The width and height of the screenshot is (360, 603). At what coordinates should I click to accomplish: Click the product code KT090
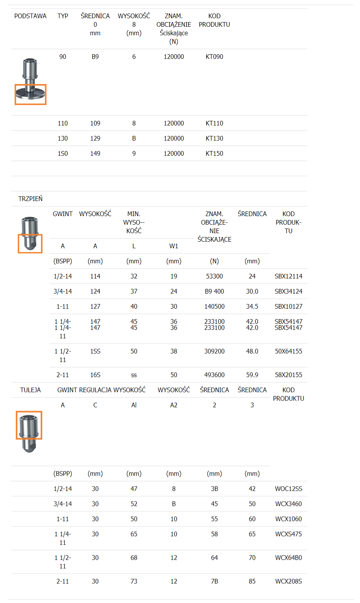214,57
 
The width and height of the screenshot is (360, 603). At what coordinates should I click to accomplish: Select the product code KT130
214,138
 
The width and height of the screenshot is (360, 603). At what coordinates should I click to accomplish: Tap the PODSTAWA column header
30,16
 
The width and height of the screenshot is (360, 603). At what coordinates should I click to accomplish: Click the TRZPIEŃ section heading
30,199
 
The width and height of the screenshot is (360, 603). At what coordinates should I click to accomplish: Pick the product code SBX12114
288,276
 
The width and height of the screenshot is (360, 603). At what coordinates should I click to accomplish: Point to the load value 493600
214,375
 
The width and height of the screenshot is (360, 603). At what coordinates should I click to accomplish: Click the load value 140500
214,306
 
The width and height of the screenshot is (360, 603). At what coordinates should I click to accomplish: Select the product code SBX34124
288,291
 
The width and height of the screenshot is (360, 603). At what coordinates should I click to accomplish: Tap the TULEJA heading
30,390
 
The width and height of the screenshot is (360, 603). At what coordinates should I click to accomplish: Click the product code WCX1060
288,519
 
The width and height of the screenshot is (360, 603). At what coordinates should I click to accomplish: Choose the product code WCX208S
288,581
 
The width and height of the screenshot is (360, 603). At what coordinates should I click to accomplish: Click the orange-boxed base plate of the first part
31,94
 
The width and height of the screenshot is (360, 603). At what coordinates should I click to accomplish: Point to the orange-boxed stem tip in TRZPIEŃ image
30,244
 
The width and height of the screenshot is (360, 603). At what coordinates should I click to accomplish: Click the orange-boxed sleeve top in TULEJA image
29,425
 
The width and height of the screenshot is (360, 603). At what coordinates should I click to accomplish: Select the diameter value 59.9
252,375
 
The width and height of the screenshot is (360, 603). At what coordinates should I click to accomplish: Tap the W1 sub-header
174,246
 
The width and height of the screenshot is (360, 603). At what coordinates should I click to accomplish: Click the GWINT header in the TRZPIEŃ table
63,214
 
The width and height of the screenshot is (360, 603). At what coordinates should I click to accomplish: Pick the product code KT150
214,153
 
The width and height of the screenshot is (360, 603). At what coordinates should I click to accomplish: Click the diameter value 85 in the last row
252,581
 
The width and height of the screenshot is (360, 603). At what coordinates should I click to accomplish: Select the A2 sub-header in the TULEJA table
174,405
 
